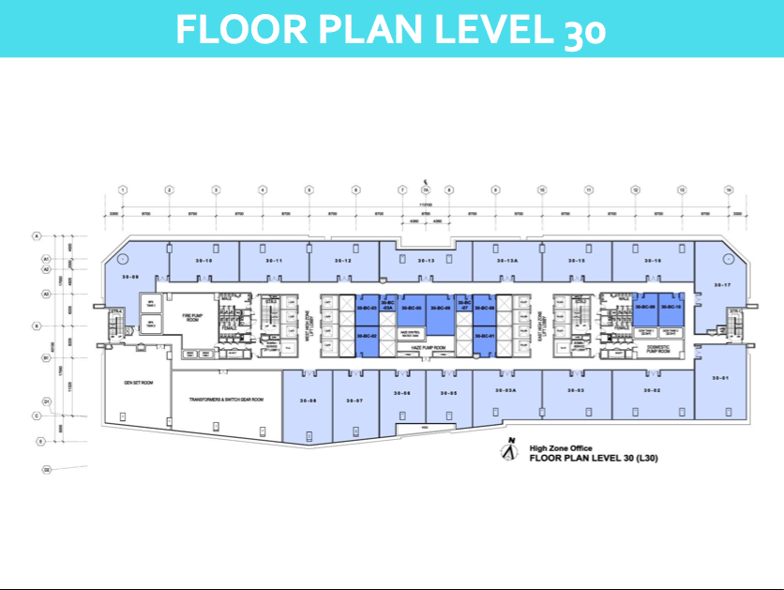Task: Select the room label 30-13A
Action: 507,260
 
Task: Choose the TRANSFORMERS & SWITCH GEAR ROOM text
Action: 225,400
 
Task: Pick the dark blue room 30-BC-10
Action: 670,308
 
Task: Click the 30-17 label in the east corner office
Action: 721,284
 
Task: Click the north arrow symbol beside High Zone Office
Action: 509,452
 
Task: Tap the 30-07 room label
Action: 354,401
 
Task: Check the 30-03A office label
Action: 506,390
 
